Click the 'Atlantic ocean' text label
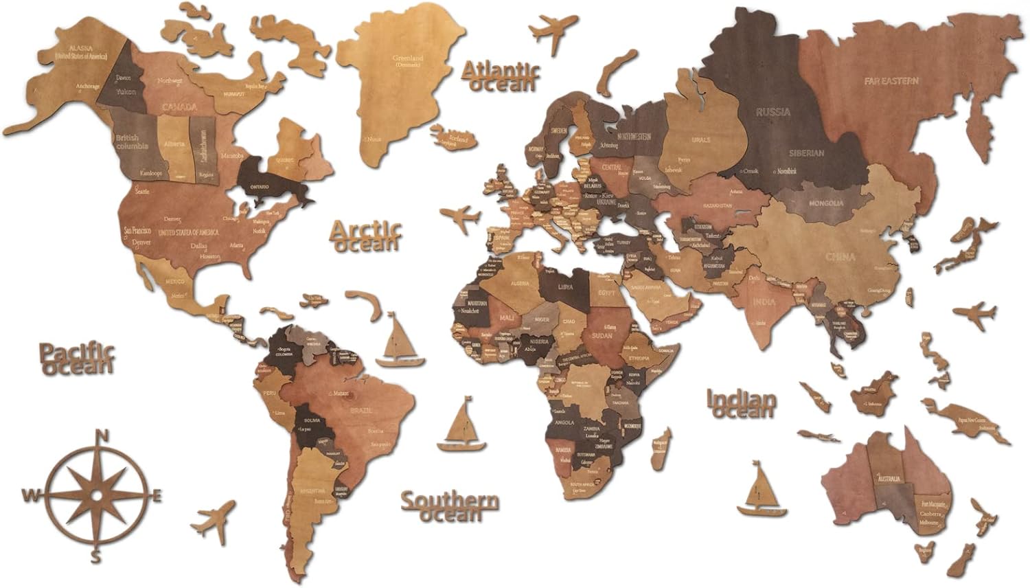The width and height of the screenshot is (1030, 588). click(501, 76)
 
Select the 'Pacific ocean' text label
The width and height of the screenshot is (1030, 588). click(76, 358)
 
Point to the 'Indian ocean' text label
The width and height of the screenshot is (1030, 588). click(742, 404)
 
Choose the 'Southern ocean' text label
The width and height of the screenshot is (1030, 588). click(450, 507)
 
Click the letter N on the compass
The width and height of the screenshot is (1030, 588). click(102, 436)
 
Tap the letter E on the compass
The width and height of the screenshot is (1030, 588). click(157, 495)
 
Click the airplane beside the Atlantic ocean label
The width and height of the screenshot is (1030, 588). click(553, 32)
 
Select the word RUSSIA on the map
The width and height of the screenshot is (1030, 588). click(773, 111)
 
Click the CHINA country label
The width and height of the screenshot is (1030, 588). click(840, 257)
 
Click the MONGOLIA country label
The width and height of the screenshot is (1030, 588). click(826, 203)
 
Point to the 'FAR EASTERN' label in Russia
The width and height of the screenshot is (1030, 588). click(891, 81)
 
